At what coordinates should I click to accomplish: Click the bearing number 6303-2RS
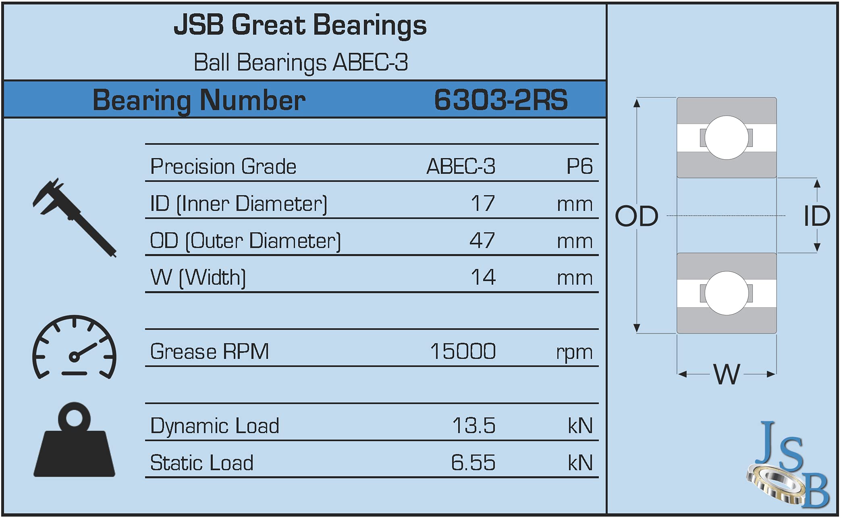click(x=500, y=100)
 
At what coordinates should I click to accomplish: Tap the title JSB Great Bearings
click(x=300, y=25)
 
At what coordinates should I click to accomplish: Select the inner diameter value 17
click(x=482, y=203)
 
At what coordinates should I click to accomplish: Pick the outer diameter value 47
click(x=482, y=240)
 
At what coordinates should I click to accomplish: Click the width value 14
click(x=483, y=277)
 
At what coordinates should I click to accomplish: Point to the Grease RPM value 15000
click(x=463, y=351)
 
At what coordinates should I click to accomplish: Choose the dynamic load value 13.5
click(x=473, y=425)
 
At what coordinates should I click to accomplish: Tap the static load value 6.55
click(x=473, y=463)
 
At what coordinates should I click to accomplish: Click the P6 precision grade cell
click(x=579, y=166)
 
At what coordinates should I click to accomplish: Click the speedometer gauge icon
click(x=74, y=348)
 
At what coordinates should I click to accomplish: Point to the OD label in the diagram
click(x=636, y=216)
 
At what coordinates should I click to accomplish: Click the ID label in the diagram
click(x=817, y=216)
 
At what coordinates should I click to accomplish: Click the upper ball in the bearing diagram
click(x=726, y=138)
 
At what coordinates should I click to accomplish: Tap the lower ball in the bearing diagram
click(x=726, y=293)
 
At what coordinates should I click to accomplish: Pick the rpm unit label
click(x=574, y=352)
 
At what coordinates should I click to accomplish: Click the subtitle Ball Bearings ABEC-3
click(x=301, y=63)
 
